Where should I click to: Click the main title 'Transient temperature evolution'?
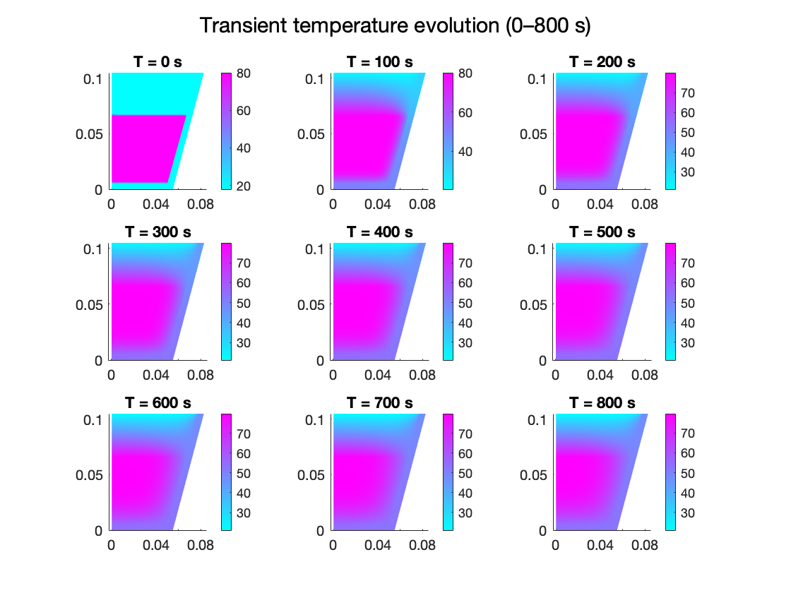click(395, 26)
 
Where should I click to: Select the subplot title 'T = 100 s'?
click(379, 62)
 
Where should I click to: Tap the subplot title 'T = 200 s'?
click(602, 62)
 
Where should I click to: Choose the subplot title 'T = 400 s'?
click(379, 232)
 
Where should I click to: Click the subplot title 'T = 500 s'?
click(602, 232)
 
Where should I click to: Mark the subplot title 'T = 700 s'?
click(379, 402)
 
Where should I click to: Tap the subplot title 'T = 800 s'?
click(602, 402)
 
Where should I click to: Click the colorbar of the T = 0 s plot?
click(227, 131)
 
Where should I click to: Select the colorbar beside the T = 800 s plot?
click(671, 471)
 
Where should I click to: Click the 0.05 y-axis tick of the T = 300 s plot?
click(90, 304)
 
